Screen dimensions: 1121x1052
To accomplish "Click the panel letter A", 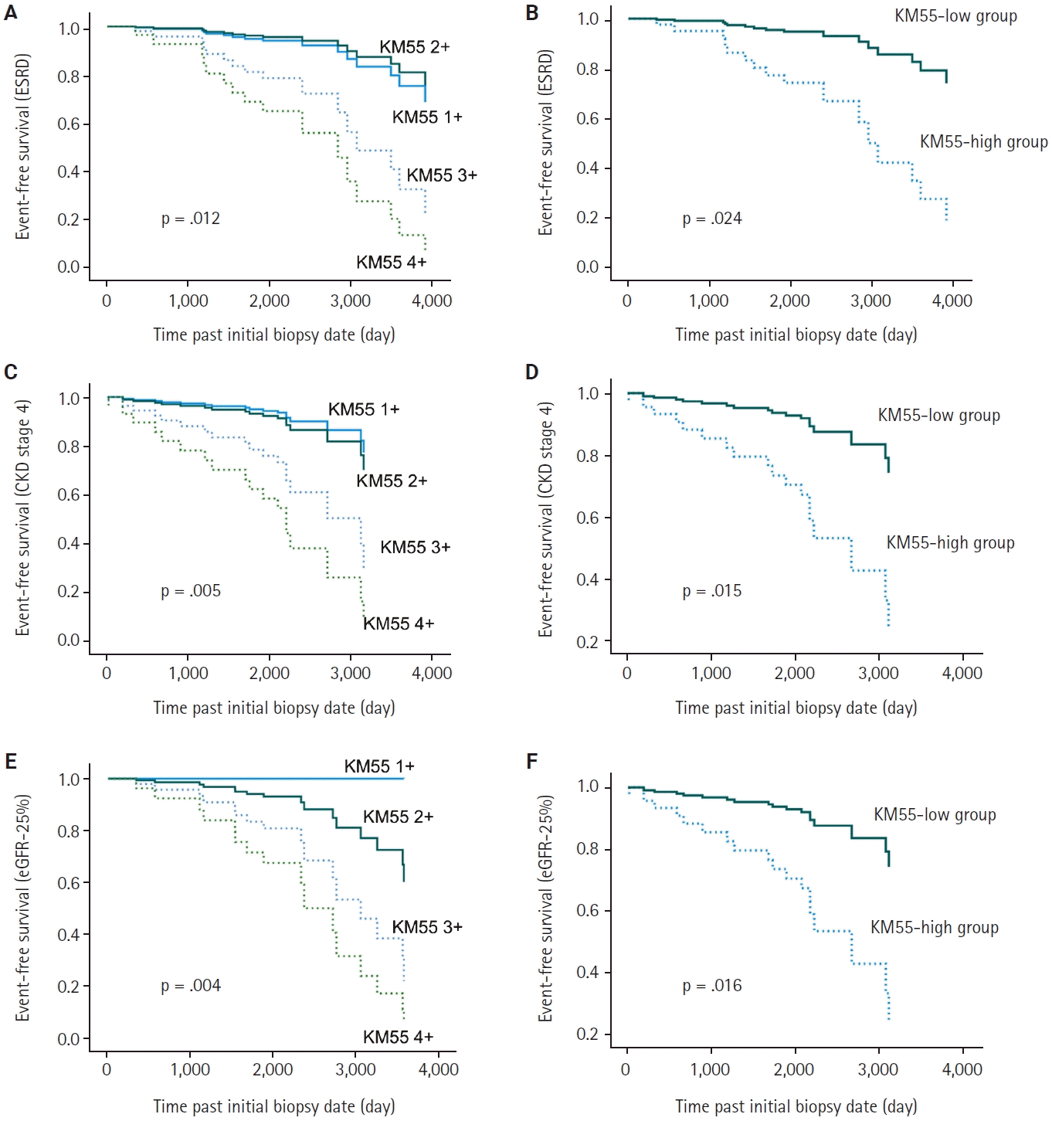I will coord(11,12).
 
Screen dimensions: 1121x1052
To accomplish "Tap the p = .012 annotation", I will coord(190,219).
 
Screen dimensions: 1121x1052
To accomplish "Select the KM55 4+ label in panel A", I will coord(391,263).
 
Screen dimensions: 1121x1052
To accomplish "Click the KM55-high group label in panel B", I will coord(983,142).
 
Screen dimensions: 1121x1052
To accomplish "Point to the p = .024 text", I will coord(711,219).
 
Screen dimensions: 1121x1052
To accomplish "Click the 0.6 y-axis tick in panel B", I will coord(588,119).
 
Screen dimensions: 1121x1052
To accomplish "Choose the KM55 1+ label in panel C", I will coord(363,409).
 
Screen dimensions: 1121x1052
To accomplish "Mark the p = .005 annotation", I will coord(190,591).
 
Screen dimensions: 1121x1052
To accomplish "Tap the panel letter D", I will coord(531,372).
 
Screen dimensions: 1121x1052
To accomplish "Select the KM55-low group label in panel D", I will coord(938,416).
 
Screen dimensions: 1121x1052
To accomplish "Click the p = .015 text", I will coord(711,591).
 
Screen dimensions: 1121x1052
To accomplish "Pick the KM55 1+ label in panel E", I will coord(378,766).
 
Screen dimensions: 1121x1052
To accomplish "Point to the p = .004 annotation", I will coord(190,986).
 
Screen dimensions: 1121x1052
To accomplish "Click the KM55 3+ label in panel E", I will coord(426,927).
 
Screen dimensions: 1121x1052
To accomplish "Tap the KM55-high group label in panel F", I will coord(934,928).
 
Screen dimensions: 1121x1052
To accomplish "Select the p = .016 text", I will coord(711,986).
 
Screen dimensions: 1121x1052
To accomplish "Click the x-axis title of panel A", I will coord(273,335).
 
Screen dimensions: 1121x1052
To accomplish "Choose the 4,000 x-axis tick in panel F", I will coord(962,1070).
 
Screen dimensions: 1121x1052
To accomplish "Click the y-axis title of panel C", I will coord(22,518).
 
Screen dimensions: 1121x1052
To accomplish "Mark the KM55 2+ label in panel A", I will coord(414,47).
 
